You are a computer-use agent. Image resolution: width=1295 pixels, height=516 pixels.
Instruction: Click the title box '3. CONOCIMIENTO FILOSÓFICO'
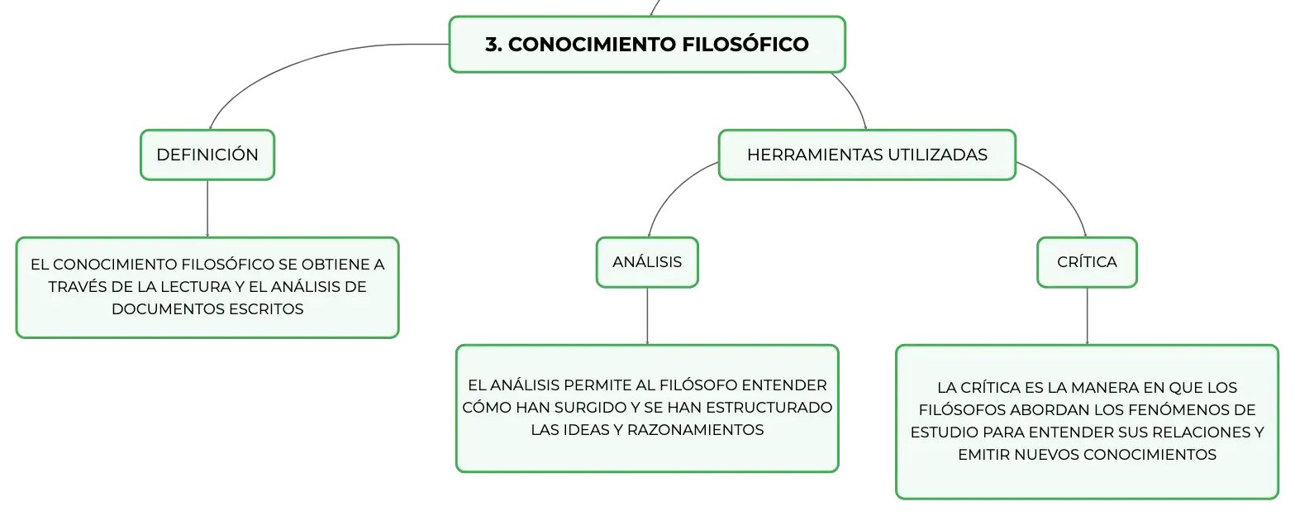coord(647,45)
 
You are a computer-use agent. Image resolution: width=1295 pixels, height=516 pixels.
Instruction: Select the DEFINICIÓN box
coord(207,155)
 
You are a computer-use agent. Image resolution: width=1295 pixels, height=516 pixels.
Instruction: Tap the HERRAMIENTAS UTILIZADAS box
coord(867,155)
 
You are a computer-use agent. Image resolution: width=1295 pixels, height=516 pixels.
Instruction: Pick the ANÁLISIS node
coord(647,262)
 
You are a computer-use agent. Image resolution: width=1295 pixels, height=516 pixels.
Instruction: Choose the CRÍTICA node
coord(1087,262)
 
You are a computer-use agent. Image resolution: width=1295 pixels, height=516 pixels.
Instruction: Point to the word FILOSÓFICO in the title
coord(745,44)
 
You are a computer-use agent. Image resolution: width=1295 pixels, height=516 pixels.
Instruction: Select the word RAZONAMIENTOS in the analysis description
coord(696,430)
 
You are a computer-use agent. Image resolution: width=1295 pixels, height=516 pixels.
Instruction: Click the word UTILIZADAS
coord(937,155)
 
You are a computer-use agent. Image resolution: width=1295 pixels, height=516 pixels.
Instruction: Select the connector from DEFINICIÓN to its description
coord(207,208)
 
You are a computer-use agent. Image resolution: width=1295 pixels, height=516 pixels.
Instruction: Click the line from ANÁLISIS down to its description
coord(647,316)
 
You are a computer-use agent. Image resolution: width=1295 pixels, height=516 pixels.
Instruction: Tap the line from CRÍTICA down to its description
coord(1087,316)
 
